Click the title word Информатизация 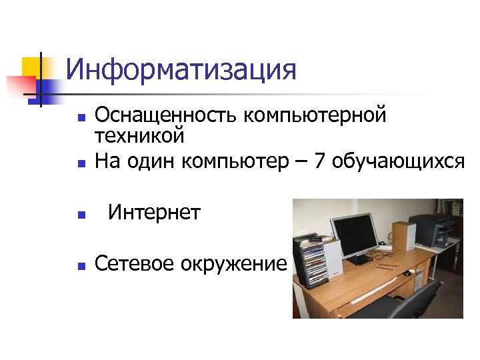181,70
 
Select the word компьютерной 315,115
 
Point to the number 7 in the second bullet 319,161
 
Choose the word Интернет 154,213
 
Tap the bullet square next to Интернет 80,215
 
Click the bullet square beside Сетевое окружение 80,265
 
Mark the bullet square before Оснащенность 80,118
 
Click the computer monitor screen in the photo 356,233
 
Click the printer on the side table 431,230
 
